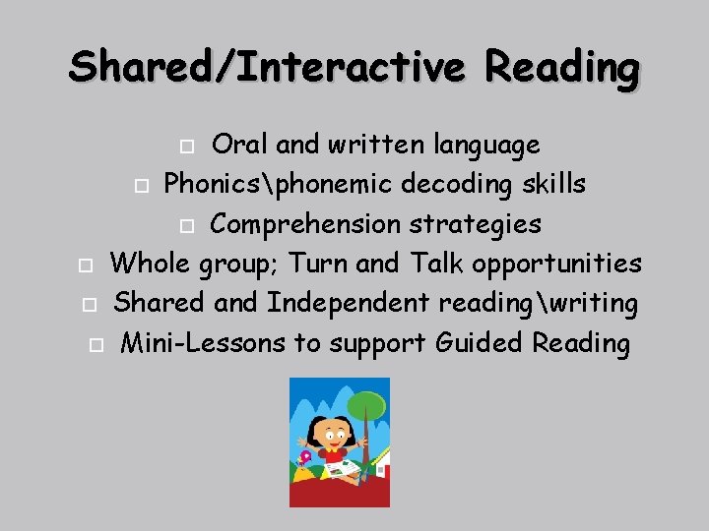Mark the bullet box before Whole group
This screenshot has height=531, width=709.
coord(85,265)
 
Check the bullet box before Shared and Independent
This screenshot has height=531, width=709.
coord(89,305)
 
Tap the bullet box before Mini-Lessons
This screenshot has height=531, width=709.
coord(95,344)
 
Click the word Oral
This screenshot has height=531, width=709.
coord(241,145)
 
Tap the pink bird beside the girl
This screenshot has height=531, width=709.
coord(306,457)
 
